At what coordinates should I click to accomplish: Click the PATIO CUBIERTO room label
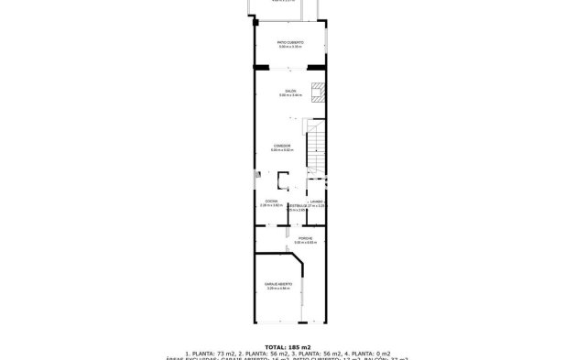click(290, 42)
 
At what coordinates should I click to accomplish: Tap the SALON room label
click(289, 91)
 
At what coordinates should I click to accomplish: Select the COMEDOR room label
click(282, 146)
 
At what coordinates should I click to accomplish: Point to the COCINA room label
click(272, 201)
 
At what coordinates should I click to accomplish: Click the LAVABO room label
click(315, 201)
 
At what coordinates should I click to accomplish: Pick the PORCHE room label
click(293, 237)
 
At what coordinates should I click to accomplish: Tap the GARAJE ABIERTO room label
click(277, 284)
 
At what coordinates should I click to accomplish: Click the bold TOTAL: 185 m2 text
click(288, 346)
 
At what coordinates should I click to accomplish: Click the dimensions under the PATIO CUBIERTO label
click(290, 47)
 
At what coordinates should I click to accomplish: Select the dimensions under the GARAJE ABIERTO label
click(277, 289)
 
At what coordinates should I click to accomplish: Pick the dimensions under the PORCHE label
click(293, 242)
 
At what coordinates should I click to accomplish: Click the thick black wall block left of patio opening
click(262, 67)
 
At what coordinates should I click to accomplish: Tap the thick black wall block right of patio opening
click(318, 67)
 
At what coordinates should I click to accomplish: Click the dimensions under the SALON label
click(289, 95)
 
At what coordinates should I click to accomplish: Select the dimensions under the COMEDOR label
click(282, 150)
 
